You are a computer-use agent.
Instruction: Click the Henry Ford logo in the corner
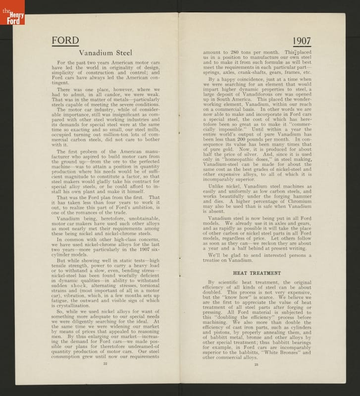coord(12,12)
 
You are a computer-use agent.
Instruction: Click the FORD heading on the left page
coord(65,41)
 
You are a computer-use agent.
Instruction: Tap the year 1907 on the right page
coord(302,41)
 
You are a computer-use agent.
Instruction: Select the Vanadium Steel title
coord(105,52)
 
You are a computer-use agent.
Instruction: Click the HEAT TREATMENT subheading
coord(257,273)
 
